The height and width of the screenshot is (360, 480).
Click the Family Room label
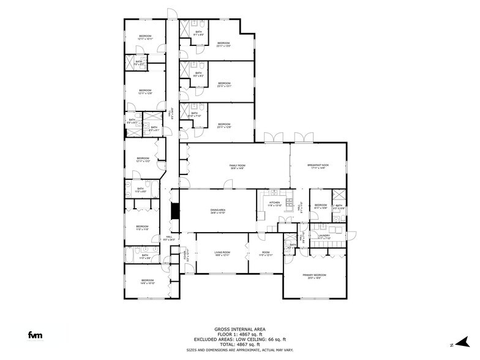(x=237, y=167)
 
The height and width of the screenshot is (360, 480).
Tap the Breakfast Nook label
(x=318, y=167)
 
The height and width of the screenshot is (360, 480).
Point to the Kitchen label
(x=275, y=204)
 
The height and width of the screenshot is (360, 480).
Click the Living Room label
(x=222, y=253)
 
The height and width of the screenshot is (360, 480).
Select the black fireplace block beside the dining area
(x=174, y=211)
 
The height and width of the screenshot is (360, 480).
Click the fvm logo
(x=35, y=334)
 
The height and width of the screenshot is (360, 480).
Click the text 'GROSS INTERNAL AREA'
(x=239, y=329)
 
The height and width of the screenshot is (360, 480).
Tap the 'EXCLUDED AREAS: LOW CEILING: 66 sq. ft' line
(x=239, y=339)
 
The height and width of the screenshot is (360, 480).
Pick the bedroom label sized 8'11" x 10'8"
(x=321, y=207)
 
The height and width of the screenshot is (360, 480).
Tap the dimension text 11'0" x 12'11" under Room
(x=264, y=255)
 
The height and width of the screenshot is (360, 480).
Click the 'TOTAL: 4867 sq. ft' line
(x=239, y=344)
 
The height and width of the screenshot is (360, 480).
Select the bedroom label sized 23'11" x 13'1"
(x=223, y=84)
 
